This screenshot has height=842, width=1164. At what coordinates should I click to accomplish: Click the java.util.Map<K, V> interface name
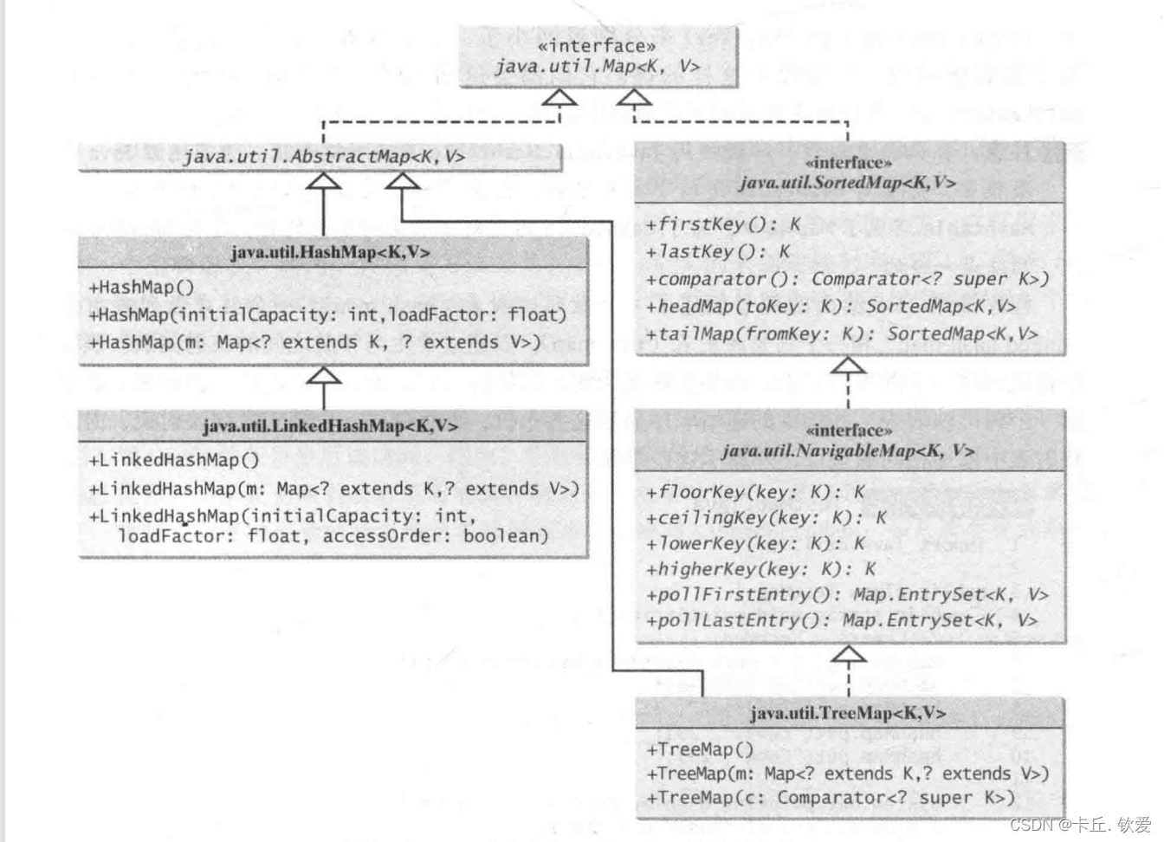(x=597, y=67)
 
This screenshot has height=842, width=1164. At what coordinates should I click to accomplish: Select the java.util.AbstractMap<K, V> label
(x=324, y=157)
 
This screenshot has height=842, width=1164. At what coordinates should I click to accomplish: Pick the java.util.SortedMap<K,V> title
(x=848, y=183)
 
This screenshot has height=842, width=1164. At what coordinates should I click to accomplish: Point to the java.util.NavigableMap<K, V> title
(x=848, y=450)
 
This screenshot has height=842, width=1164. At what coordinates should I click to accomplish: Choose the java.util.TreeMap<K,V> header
(x=848, y=713)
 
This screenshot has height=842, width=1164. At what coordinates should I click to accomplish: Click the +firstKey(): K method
(x=723, y=224)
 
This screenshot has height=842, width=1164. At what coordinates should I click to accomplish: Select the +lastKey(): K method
(x=718, y=252)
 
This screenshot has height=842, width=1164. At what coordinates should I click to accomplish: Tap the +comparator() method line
(x=846, y=279)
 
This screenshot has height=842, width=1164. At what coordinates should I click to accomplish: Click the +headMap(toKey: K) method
(x=830, y=306)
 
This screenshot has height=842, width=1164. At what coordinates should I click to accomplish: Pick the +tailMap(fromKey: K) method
(x=840, y=334)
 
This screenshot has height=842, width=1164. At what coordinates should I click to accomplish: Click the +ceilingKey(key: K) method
(x=766, y=518)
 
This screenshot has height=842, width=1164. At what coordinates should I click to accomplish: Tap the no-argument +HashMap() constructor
(x=141, y=288)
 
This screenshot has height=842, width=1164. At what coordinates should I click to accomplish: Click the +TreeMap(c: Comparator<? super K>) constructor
(x=830, y=798)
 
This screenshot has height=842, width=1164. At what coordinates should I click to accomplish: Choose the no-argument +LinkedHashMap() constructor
(x=173, y=460)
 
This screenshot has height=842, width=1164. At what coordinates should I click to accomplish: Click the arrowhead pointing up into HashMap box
(x=324, y=377)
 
